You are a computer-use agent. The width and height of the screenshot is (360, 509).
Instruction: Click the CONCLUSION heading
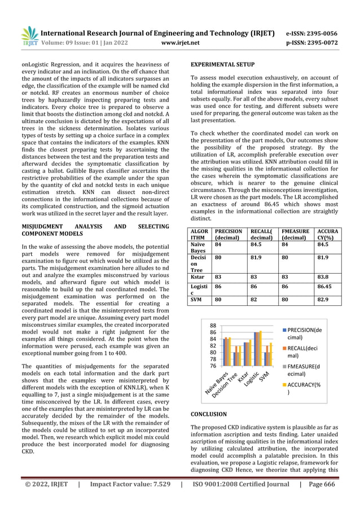coord(209,414)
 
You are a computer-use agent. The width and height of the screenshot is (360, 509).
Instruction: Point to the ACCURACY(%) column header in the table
coord(327,234)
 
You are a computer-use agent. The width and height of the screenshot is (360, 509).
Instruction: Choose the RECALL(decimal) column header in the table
coord(264,234)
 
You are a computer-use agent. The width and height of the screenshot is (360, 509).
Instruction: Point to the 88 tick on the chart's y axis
coord(213,326)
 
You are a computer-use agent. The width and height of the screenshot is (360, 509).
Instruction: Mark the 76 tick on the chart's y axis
coord(213,366)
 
